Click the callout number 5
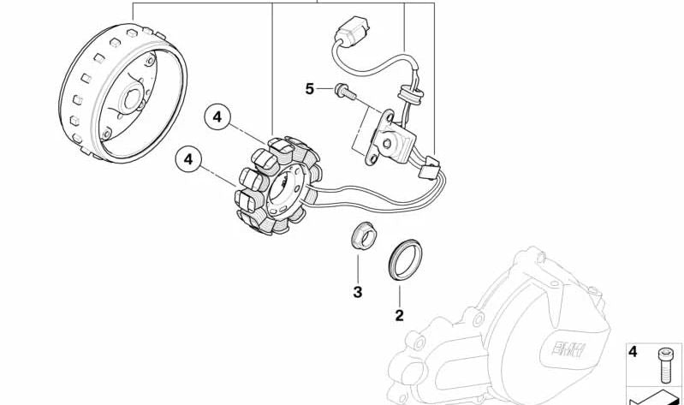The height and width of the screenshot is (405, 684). click(310, 88)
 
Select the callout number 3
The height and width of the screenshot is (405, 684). click(358, 292)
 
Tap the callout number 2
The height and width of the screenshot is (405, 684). click(399, 315)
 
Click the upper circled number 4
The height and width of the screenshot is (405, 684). click(217, 116)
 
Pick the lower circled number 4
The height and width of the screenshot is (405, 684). click(188, 158)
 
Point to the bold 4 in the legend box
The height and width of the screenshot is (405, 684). click(633, 351)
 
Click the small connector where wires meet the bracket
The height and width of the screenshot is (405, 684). click(427, 165)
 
